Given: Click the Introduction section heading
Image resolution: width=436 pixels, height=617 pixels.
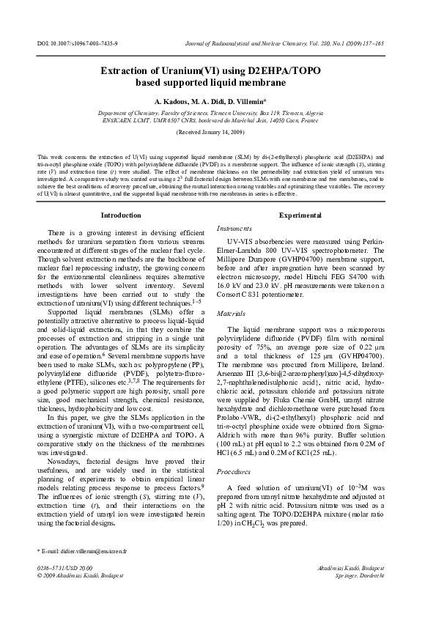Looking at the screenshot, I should coord(120,215).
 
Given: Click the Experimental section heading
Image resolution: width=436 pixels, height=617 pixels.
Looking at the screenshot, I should coord(300,215).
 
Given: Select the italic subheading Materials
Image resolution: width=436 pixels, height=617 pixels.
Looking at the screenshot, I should coord(232,313).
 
